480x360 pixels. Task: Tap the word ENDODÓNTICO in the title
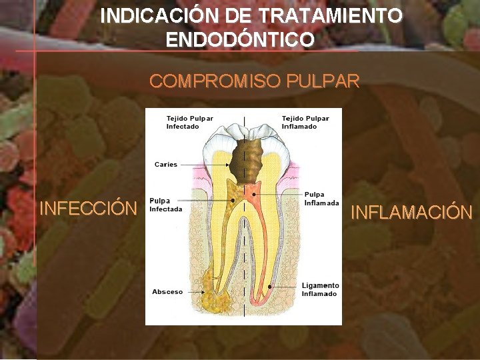240,40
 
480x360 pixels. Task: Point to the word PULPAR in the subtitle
323,81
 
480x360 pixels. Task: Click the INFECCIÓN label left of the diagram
88,208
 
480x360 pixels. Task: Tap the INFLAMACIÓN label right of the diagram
411,213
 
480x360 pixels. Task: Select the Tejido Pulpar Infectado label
189,123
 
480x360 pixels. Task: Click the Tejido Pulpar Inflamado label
305,123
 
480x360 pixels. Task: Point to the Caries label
166,164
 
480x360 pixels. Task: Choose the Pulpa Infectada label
165,205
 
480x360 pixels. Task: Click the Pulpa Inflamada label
321,199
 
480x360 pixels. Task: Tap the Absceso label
167,292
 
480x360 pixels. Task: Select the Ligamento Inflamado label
319,289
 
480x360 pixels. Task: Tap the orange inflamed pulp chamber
252,194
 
